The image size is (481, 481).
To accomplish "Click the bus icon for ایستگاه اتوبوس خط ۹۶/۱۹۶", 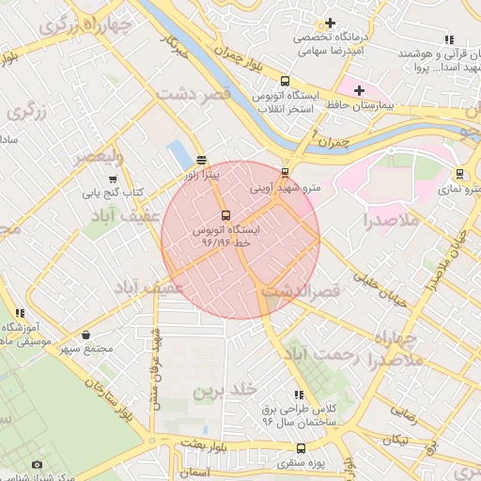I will pyautogui.click(x=224, y=215).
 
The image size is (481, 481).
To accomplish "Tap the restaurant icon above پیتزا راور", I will pyautogui.click(x=201, y=160).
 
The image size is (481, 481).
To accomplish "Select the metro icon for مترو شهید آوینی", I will pyautogui.click(x=286, y=172).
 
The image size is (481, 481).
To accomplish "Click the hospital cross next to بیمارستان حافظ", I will pyautogui.click(x=359, y=89).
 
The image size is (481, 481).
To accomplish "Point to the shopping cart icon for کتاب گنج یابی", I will pyautogui.click(x=113, y=178).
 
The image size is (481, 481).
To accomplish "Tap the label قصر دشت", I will pyautogui.click(x=193, y=95).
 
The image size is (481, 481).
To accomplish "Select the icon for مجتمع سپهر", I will pyautogui.click(x=86, y=334).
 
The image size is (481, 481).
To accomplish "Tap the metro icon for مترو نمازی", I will pyautogui.click(x=459, y=174).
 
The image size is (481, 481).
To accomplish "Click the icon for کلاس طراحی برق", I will pyautogui.click(x=299, y=395).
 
